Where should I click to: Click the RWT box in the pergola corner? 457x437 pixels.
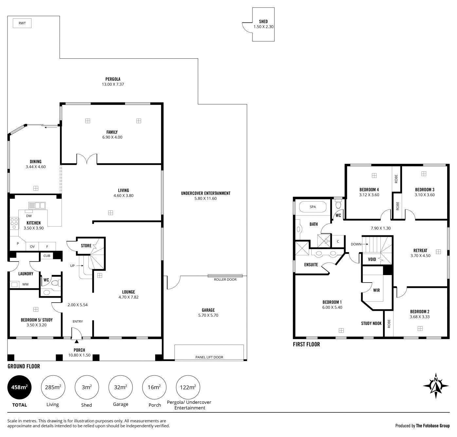pyautogui.click(x=22, y=23)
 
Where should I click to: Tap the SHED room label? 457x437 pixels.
pyautogui.click(x=263, y=21)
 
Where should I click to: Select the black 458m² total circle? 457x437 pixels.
pyautogui.click(x=19, y=387)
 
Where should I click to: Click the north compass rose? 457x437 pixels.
pyautogui.click(x=436, y=386)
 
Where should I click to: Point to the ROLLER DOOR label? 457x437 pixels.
pyautogui.click(x=225, y=279)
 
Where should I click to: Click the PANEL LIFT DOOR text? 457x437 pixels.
pyautogui.click(x=209, y=357)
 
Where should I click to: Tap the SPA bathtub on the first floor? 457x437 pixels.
pyautogui.click(x=313, y=207)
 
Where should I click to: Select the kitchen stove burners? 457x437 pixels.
pyautogui.click(x=14, y=223)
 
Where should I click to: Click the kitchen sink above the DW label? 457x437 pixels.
pyautogui.click(x=37, y=206)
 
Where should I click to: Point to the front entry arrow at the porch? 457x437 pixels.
pyautogui.click(x=77, y=341)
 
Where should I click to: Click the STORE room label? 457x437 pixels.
pyautogui.click(x=86, y=246)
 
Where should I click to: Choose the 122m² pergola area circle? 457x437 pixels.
pyautogui.click(x=188, y=387)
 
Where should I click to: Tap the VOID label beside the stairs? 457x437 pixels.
pyautogui.click(x=372, y=259)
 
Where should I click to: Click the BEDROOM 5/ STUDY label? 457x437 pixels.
pyautogui.click(x=37, y=320)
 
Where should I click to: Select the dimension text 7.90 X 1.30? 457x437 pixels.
pyautogui.click(x=381, y=228)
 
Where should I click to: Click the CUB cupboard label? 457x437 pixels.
pyautogui.click(x=47, y=256)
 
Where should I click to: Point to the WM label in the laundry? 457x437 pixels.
pyautogui.click(x=25, y=284)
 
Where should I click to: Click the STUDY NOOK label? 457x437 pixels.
pyautogui.click(x=371, y=323)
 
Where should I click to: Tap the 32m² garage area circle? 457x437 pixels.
pyautogui.click(x=120, y=387)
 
